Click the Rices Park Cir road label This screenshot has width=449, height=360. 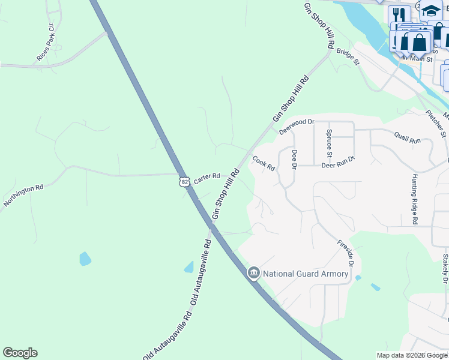(45, 43)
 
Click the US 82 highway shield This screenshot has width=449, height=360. (185, 180)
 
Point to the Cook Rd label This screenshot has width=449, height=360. (264, 163)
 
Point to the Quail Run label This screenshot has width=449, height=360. (408, 139)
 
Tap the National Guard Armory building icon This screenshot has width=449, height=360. (253, 274)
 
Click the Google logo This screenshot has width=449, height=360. (20, 353)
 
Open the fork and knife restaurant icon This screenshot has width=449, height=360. (397, 14)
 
